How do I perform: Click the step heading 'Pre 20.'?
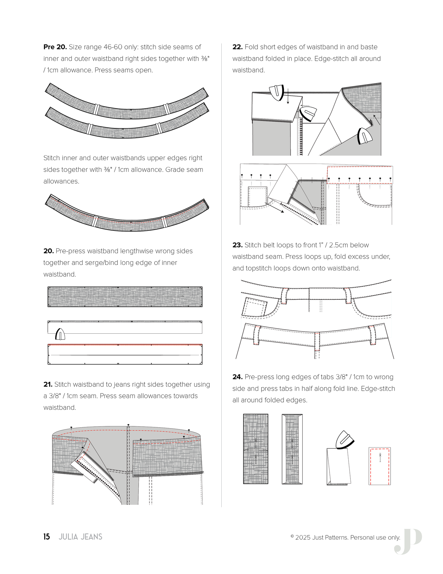click(55, 47)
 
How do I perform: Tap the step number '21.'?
click(48, 384)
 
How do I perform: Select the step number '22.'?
click(237, 47)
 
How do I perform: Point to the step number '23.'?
click(237, 245)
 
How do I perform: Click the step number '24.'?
click(237, 377)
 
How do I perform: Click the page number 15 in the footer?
click(47, 537)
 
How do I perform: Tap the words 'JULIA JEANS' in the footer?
click(80, 537)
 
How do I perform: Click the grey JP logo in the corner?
click(409, 541)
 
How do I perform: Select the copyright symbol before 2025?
click(292, 536)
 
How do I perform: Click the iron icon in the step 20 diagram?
click(60, 334)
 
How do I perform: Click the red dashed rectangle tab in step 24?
click(380, 466)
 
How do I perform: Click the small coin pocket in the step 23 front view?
click(255, 307)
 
